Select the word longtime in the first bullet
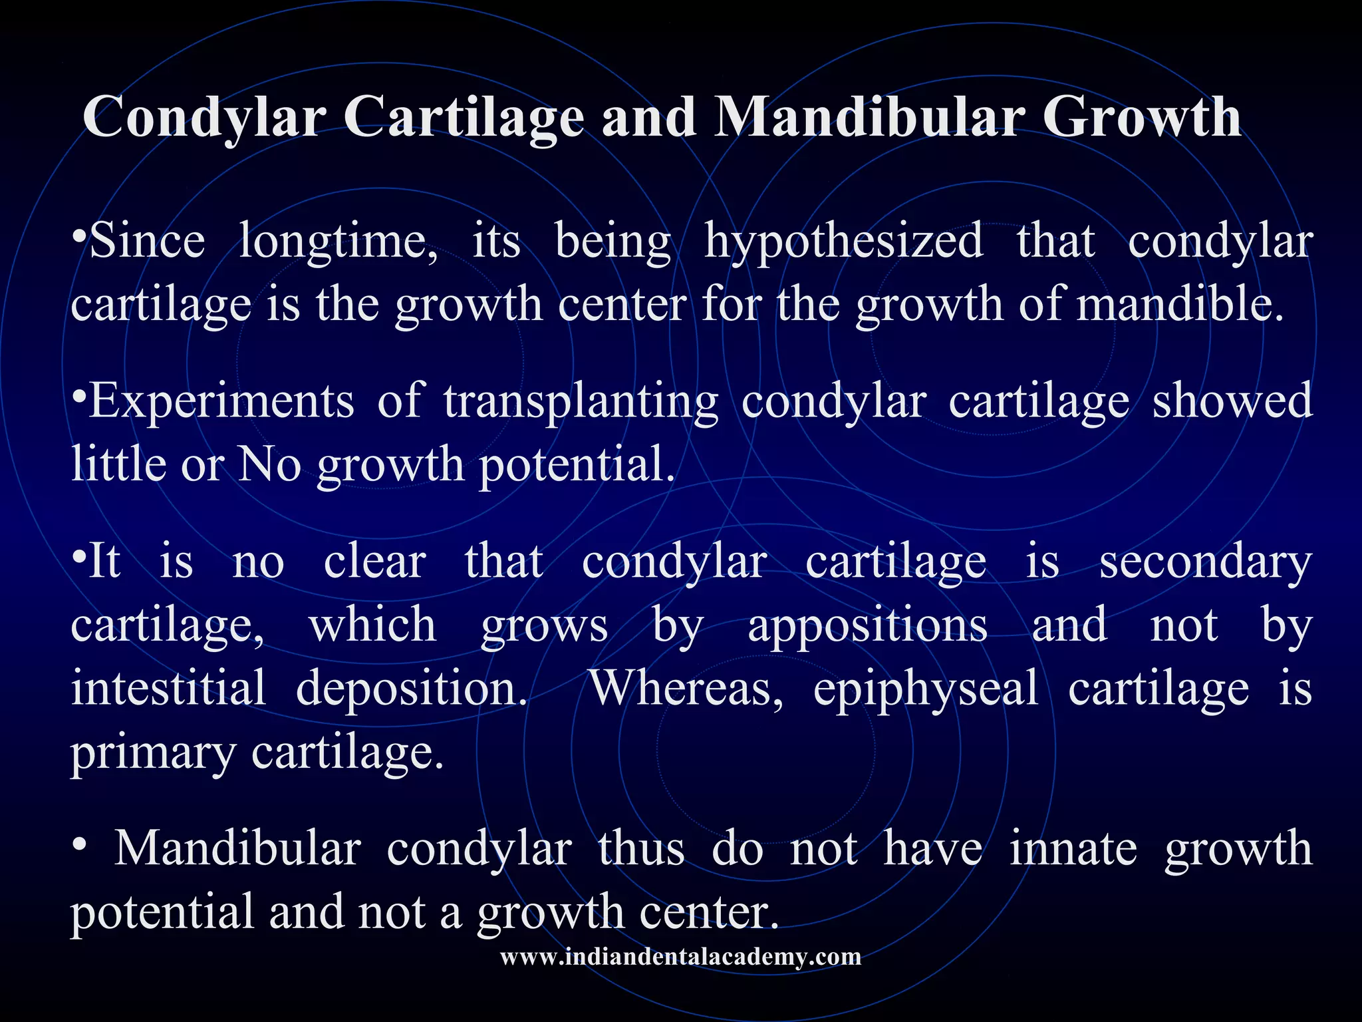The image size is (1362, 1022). (338, 242)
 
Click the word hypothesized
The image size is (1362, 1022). (843, 242)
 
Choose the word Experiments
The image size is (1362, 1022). (221, 401)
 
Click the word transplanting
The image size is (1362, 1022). (581, 401)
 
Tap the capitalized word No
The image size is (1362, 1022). (269, 464)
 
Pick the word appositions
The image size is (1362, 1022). (867, 625)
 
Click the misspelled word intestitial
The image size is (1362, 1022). (168, 688)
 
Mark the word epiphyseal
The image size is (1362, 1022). (926, 688)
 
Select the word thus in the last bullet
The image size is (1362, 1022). (641, 849)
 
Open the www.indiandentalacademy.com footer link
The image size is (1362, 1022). (680, 957)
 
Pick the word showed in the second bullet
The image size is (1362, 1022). (1232, 401)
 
